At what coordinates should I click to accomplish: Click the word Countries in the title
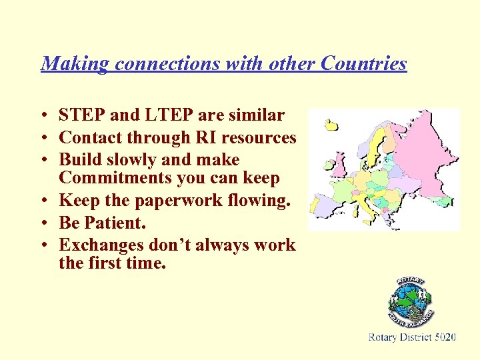point(363,63)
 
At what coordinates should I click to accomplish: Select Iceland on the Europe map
point(331,124)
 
